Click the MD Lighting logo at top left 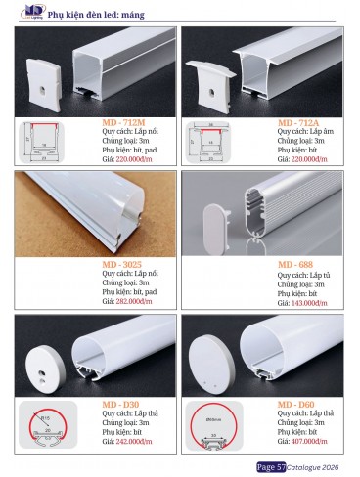(19, 13)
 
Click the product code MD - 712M (126, 124)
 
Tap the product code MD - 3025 (125, 263)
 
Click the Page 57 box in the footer (271, 466)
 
